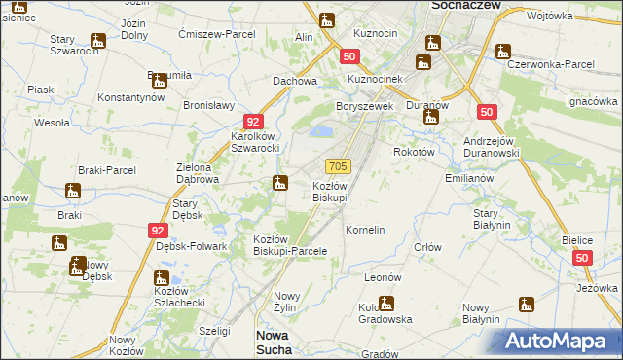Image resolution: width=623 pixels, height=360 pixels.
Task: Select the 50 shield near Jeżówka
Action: [582, 258]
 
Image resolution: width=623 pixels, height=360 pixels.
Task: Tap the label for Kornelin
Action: [366, 230]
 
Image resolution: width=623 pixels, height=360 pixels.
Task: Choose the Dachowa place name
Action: [295, 82]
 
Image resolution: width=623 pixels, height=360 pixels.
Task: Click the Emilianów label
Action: [469, 179]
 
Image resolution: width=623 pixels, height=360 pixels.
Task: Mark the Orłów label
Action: [428, 247]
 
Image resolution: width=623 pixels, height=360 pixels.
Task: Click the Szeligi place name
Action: [213, 331]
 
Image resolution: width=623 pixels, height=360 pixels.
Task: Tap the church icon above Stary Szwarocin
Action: [98, 41]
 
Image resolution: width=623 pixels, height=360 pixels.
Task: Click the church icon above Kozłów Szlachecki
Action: [163, 279]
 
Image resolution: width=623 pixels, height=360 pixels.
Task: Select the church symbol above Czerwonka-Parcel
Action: [502, 51]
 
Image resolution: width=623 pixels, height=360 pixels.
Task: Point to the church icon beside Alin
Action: [326, 19]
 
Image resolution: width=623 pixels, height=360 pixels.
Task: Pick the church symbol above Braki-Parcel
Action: [73, 190]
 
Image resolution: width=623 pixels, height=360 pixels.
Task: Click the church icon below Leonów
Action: [385, 303]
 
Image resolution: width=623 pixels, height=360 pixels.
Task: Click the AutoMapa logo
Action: [560, 341]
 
